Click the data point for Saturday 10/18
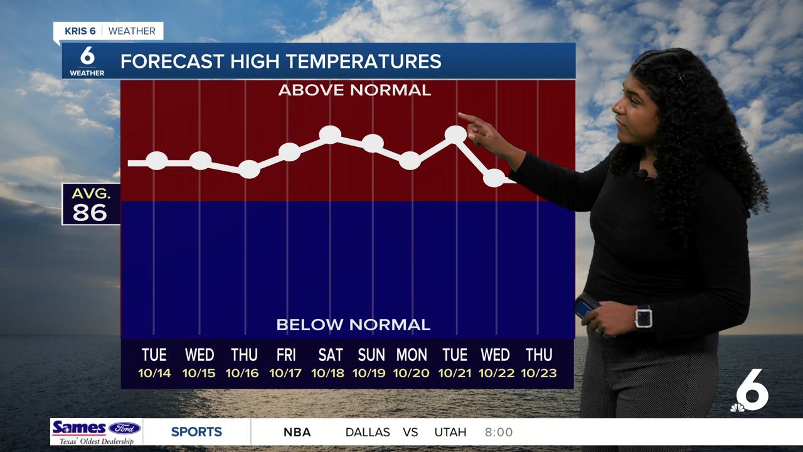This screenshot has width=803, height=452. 330,134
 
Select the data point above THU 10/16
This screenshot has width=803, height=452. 249,169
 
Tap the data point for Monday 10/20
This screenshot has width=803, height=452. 410,160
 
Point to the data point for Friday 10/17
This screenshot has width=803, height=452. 289,151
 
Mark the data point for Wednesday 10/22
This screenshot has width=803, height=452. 494,178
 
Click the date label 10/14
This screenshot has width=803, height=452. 154,373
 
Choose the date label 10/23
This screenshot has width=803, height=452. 538,373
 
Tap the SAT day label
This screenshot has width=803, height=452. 331,355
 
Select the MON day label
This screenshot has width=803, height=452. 412,355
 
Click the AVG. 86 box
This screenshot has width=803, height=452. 90,204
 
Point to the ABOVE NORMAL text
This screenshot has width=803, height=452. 354,90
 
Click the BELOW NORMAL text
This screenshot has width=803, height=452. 353,325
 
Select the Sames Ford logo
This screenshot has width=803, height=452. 96,432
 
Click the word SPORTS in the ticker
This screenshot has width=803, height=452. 196,432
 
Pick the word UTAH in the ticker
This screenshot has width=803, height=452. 450,432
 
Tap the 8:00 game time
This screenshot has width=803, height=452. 499,432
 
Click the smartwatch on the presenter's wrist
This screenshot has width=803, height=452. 643,316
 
